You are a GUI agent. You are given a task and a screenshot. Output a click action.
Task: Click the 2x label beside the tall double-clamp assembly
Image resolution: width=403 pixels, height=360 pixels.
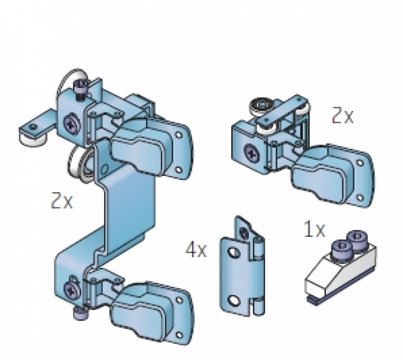coord(62,200)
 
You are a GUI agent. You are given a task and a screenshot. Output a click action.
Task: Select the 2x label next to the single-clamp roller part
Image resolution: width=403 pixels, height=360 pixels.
coord(343,115)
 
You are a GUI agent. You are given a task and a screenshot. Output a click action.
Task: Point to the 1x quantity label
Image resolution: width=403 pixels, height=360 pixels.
coord(314,229)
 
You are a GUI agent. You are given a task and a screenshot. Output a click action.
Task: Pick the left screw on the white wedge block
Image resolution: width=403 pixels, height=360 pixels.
coord(343,248)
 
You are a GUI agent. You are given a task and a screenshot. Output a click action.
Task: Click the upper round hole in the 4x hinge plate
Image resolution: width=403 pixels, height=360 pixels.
coord(234,253)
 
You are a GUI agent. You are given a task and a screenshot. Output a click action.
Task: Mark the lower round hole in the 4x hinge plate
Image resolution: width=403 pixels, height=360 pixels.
coord(233,301)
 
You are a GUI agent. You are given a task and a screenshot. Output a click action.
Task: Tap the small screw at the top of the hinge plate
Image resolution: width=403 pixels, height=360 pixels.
coord(244,232)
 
